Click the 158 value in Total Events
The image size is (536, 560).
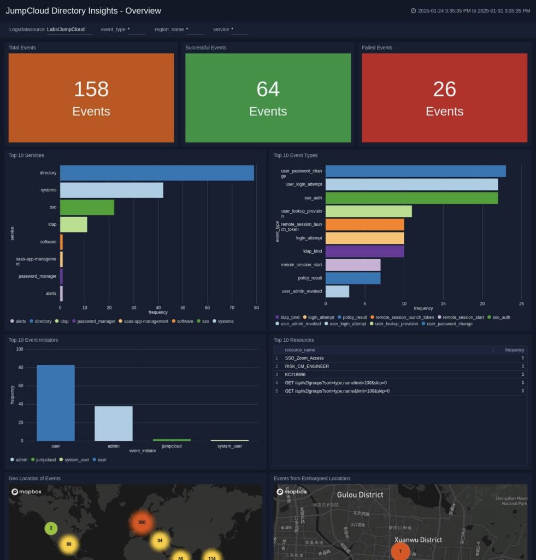(x=91, y=89)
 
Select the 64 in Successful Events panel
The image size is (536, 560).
(x=268, y=89)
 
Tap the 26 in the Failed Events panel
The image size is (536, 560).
(x=444, y=89)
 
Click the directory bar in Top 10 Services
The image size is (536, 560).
(x=157, y=173)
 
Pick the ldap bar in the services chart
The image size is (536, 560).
(x=73, y=225)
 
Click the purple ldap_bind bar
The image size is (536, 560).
(x=364, y=252)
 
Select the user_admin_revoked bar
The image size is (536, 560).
(x=337, y=291)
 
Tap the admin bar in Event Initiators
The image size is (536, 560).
(x=114, y=423)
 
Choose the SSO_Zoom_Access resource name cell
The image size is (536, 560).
(x=304, y=358)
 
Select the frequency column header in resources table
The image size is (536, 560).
(x=514, y=350)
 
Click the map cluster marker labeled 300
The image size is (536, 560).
(x=142, y=522)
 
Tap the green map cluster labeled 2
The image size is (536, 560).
(x=51, y=528)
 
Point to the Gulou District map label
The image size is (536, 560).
(x=360, y=495)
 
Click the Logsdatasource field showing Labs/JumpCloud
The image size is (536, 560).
(x=68, y=30)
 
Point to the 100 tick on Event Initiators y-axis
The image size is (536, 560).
(x=20, y=349)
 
